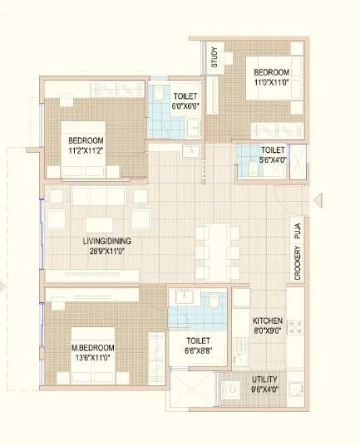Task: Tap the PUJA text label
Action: click(297, 230)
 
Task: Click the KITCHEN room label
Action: click(268, 321)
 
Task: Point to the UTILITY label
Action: click(265, 380)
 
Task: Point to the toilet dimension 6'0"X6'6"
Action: click(185, 106)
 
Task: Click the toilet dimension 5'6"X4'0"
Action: click(273, 160)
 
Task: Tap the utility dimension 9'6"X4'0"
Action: click(265, 390)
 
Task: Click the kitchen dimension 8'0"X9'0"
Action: click(268, 331)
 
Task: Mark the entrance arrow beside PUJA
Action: click(319, 200)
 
